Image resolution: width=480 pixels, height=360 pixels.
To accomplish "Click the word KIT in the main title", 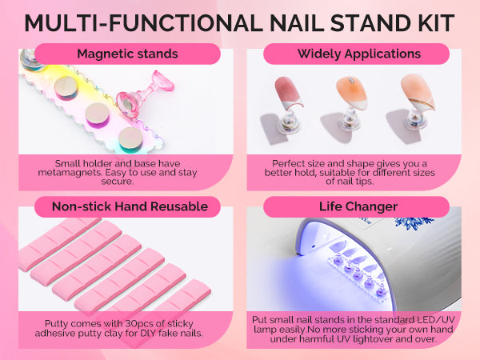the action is tap(435, 23).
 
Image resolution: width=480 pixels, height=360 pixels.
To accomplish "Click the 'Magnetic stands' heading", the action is tap(127, 54).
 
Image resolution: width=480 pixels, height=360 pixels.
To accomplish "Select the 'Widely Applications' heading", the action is tap(359, 54).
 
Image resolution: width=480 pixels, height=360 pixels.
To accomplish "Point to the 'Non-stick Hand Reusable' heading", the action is tap(130, 206).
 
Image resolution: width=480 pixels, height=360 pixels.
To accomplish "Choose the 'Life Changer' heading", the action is tap(358, 206).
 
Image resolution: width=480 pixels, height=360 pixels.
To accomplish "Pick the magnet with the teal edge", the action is tap(130, 140).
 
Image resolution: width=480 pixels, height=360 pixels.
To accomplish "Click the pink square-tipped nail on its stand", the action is tap(287, 93).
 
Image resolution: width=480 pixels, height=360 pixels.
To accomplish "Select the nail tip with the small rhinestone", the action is tap(351, 93).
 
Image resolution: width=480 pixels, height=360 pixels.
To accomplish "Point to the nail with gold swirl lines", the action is tap(418, 91).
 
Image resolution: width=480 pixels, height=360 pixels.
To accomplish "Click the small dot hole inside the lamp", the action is tap(313, 246).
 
